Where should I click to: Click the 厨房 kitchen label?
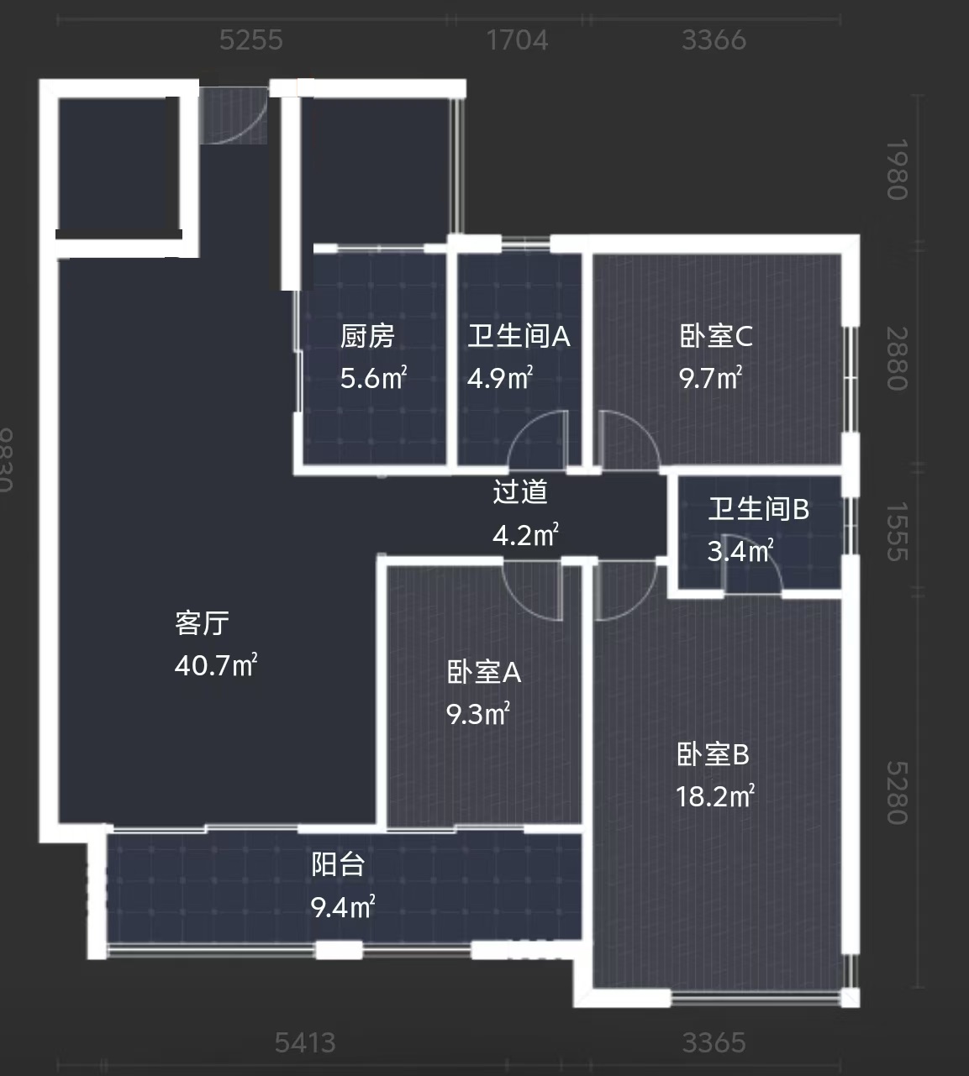click(x=367, y=337)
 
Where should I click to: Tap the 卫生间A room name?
click(x=519, y=337)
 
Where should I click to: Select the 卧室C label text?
click(x=716, y=337)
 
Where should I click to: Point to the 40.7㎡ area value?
click(x=216, y=666)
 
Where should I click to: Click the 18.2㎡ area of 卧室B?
click(x=715, y=795)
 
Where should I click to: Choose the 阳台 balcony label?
click(x=338, y=864)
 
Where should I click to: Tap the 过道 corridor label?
click(x=520, y=492)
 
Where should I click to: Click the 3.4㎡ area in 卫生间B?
click(x=740, y=551)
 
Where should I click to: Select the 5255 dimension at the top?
click(x=250, y=40)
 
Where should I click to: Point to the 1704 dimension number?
click(x=517, y=40)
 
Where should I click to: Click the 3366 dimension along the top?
click(x=714, y=40)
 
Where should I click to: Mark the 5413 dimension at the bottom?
click(x=305, y=1043)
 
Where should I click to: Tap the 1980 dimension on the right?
click(x=897, y=170)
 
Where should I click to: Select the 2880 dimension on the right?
click(x=897, y=359)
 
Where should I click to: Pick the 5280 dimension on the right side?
click(x=897, y=793)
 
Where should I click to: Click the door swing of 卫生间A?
click(x=539, y=441)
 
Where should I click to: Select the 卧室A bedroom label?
click(x=484, y=673)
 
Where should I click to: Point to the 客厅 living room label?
click(x=202, y=623)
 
